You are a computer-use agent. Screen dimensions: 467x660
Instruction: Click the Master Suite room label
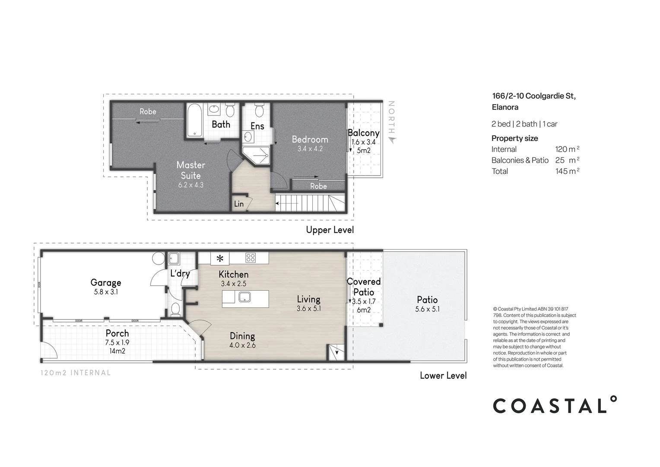pyautogui.click(x=190, y=170)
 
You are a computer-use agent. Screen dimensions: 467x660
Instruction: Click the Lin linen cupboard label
pyautogui.click(x=238, y=204)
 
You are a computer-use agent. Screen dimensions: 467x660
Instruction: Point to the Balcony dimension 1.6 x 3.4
pyautogui.click(x=363, y=142)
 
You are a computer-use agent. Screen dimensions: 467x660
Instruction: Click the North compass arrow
pyautogui.click(x=392, y=139)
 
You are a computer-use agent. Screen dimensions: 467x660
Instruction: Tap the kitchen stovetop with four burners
pyautogui.click(x=250, y=258)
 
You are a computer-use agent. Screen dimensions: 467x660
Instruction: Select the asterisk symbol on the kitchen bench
pyautogui.click(x=220, y=259)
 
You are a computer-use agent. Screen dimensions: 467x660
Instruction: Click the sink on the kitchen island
pyautogui.click(x=245, y=297)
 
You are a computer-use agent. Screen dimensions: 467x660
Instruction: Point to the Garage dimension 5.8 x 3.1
pyautogui.click(x=106, y=292)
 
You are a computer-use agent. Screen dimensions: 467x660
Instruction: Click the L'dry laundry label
pyautogui.click(x=180, y=273)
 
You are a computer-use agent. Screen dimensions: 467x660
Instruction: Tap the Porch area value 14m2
pyautogui.click(x=117, y=351)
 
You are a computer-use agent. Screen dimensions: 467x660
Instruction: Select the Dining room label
pyautogui.click(x=242, y=336)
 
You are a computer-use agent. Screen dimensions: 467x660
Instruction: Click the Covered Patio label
pyautogui.click(x=364, y=287)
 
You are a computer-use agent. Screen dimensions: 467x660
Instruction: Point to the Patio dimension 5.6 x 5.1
pyautogui.click(x=427, y=309)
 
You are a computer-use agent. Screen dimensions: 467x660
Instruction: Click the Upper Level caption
pyautogui.click(x=330, y=230)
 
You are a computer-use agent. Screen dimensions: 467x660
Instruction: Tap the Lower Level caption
pyautogui.click(x=443, y=375)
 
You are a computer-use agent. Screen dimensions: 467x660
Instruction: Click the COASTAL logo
pyautogui.click(x=555, y=406)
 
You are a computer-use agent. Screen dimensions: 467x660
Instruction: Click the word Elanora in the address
pyautogui.click(x=505, y=107)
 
